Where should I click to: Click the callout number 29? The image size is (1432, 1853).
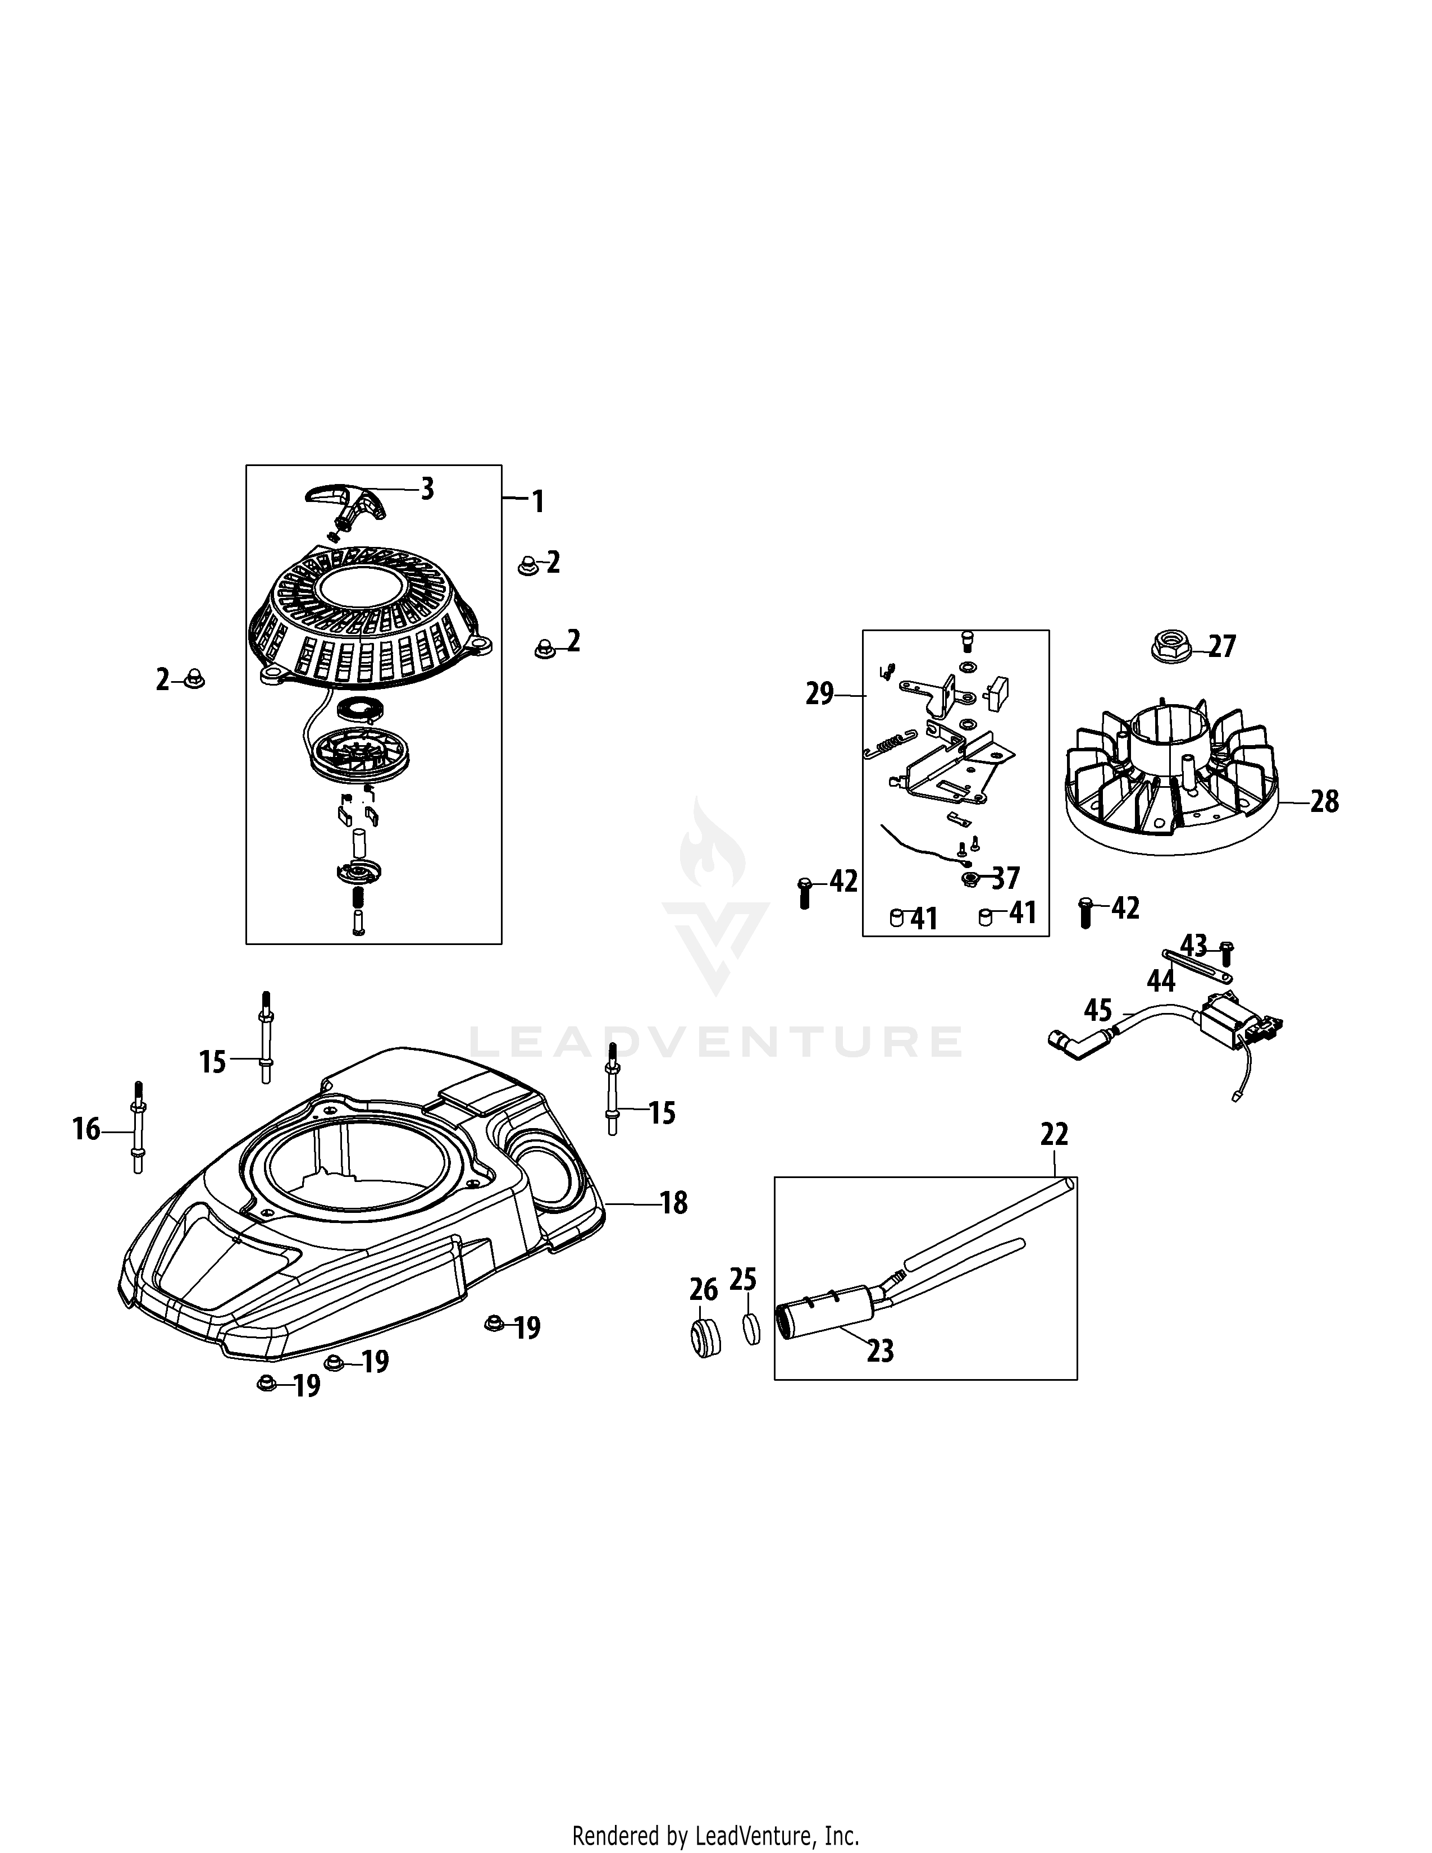tap(819, 694)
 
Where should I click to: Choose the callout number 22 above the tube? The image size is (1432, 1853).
tap(1054, 1134)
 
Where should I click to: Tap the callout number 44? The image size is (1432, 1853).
tap(1161, 982)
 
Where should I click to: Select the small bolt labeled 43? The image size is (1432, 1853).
tap(1226, 956)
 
